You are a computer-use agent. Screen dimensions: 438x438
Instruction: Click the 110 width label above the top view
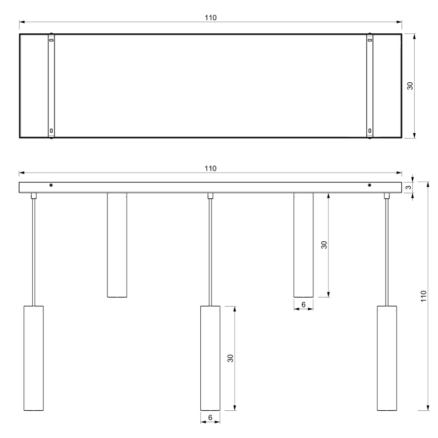210,18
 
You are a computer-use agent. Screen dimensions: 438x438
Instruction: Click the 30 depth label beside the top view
410,85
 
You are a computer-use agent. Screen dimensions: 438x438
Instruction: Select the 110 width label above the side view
210,168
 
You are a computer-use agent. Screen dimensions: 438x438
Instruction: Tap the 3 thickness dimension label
408,187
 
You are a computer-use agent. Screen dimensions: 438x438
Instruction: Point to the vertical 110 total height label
423,296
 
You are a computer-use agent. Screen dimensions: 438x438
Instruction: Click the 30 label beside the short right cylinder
324,245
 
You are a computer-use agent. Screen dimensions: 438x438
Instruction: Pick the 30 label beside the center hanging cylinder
230,358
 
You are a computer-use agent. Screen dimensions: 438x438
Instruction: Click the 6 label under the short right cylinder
303,304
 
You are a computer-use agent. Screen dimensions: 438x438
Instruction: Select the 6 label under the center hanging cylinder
210,418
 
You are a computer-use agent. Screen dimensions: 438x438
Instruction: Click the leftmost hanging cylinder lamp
34,358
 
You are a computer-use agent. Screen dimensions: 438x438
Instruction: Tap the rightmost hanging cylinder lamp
387,358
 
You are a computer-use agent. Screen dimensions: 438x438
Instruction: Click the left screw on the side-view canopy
51,185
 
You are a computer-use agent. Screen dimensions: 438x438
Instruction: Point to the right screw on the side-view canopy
370,185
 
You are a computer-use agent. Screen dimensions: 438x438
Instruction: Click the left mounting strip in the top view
51,85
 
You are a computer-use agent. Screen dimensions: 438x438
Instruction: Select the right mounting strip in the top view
370,85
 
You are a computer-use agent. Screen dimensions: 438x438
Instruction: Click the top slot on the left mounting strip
51,39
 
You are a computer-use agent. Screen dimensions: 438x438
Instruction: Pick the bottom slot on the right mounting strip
370,131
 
